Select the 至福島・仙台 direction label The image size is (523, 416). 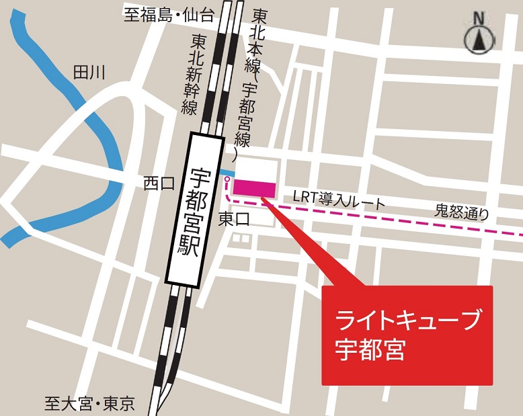pyautogui.click(x=169, y=15)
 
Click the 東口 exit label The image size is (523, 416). pyautogui.click(x=234, y=218)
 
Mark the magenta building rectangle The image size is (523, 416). pyautogui.click(x=255, y=188)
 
